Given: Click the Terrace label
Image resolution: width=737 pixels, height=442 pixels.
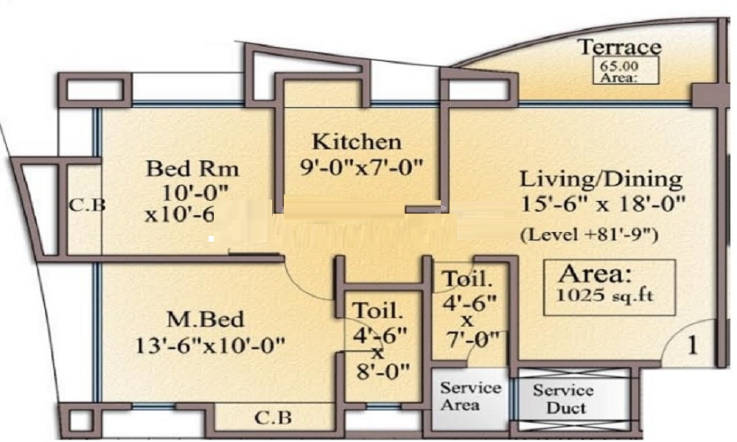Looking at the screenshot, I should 619,47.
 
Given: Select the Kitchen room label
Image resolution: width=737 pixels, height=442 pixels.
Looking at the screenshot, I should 357,141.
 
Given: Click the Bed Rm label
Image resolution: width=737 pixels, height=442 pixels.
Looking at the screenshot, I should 193,169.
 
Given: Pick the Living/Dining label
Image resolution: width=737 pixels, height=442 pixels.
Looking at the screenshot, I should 601,179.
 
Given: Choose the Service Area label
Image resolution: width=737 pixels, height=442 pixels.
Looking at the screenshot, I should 471,396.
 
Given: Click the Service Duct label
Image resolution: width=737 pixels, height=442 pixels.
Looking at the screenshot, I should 564,399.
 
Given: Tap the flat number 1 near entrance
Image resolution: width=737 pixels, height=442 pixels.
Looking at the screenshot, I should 692,345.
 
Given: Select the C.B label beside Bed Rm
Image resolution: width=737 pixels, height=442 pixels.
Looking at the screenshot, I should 88,205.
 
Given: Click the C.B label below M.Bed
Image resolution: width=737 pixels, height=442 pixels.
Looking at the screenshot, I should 273,418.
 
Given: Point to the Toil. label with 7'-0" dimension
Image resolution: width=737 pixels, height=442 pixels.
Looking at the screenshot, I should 467,280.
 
